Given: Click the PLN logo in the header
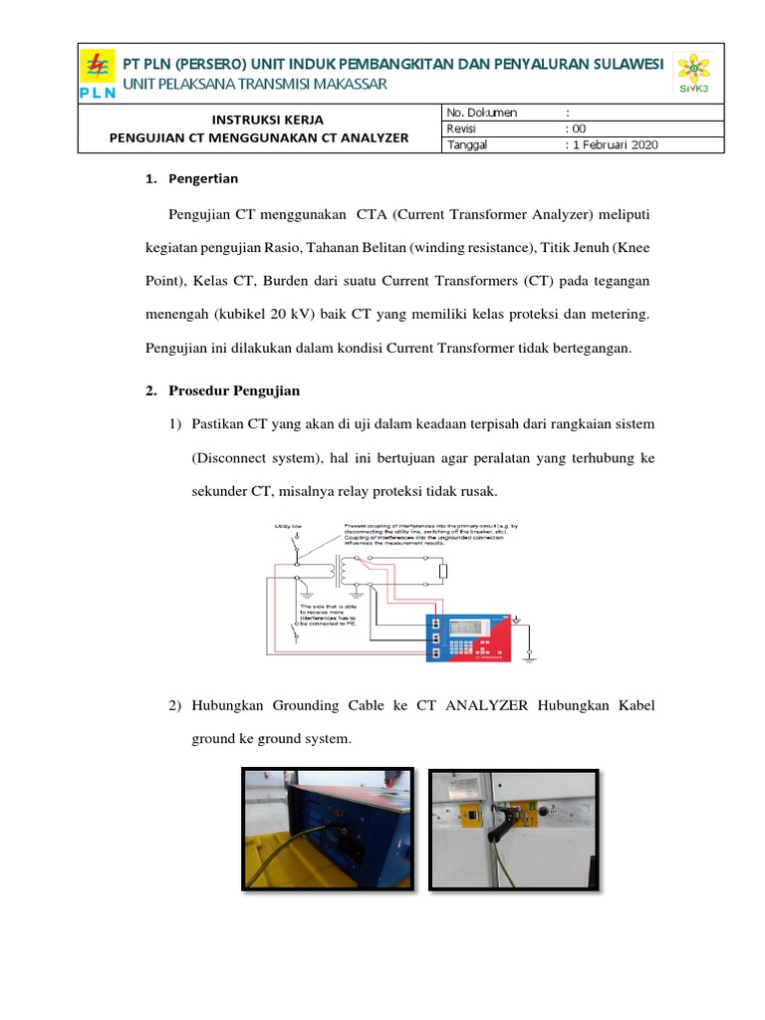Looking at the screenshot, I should (x=98, y=75).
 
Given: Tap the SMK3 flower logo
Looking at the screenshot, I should (x=694, y=74).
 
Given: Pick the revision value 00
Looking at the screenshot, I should (x=580, y=128).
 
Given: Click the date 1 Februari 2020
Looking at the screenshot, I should (x=615, y=144).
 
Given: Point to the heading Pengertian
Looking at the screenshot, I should (x=203, y=179).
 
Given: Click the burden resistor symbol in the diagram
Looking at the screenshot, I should (x=444, y=570).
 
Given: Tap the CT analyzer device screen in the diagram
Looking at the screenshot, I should (x=468, y=628).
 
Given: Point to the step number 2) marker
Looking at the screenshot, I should (x=174, y=706).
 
